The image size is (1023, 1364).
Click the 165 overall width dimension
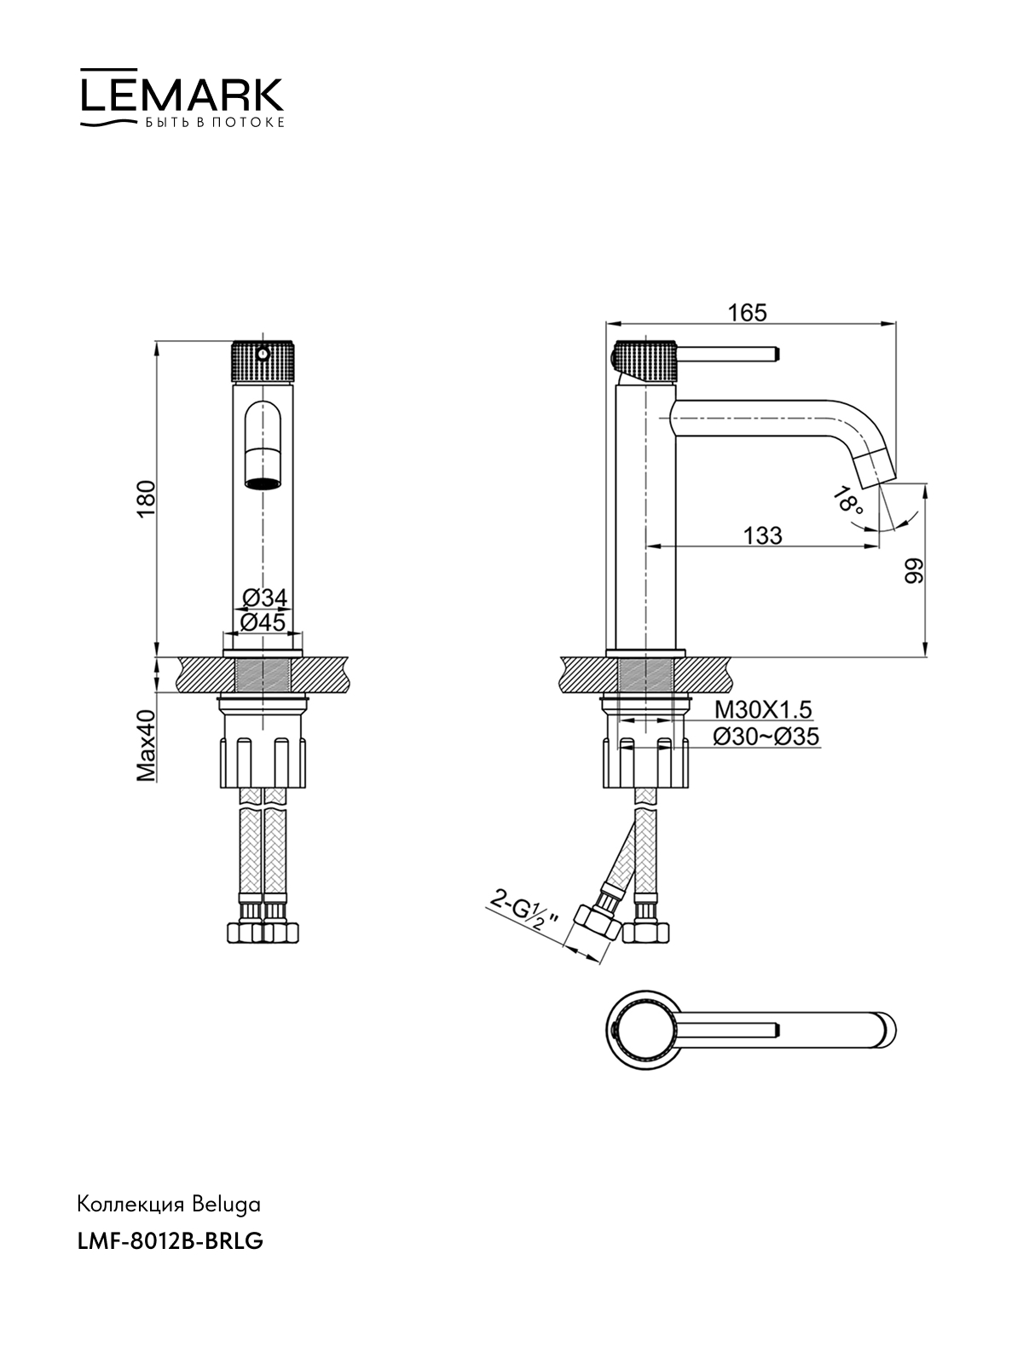pyautogui.click(x=748, y=313)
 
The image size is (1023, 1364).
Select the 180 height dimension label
pyautogui.click(x=147, y=499)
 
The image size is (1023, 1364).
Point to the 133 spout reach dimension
pyautogui.click(x=763, y=535)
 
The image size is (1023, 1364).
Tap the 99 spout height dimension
pyautogui.click(x=914, y=570)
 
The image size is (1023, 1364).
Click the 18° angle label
pyautogui.click(x=848, y=501)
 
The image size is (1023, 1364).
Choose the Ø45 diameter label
pyautogui.click(x=263, y=621)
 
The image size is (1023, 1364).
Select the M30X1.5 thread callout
pyautogui.click(x=763, y=708)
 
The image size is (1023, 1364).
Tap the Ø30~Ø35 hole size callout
pyautogui.click(x=766, y=737)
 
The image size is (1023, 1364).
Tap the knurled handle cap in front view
pyautogui.click(x=263, y=361)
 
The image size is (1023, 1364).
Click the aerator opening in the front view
pyautogui.click(x=263, y=483)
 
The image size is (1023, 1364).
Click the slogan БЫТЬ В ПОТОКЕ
pyautogui.click(x=215, y=123)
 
